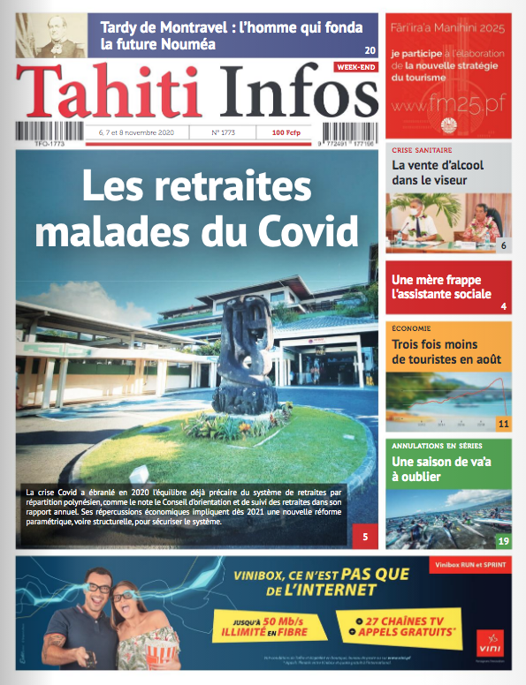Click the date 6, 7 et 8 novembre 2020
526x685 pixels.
point(130,133)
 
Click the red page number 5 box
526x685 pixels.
point(364,533)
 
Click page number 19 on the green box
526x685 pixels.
point(503,541)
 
